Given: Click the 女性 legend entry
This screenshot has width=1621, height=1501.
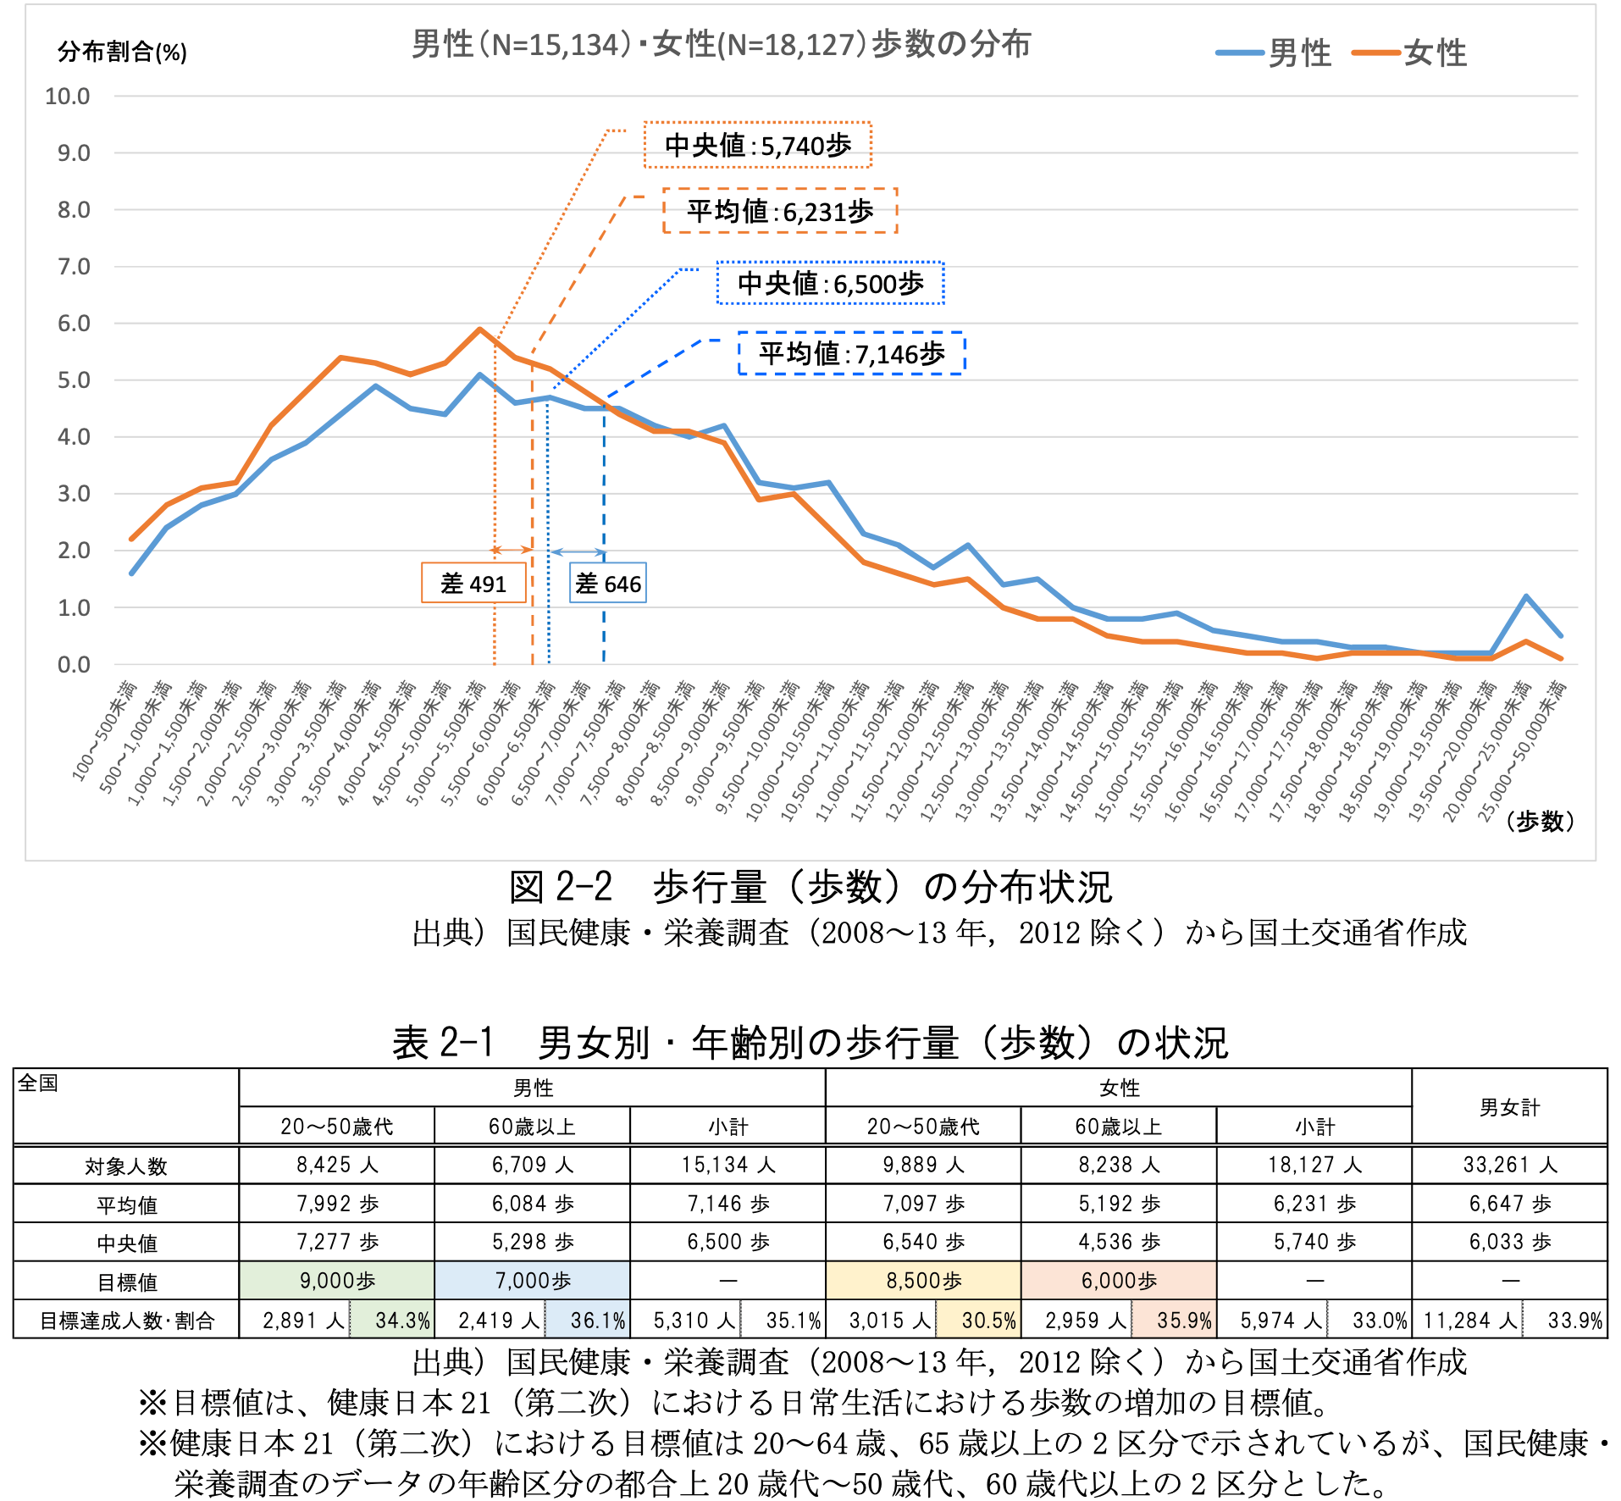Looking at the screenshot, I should pyautogui.click(x=1409, y=53).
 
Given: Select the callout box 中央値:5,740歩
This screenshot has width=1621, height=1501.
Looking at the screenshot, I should pyautogui.click(x=757, y=146).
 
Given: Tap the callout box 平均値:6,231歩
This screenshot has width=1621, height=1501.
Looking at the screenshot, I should pyautogui.click(x=779, y=211).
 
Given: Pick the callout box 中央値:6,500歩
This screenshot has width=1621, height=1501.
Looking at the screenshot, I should pyautogui.click(x=830, y=284).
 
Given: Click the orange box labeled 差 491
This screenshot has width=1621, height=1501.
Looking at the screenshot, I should pyautogui.click(x=473, y=584).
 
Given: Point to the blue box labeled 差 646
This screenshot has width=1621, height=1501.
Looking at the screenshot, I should pyautogui.click(x=608, y=584).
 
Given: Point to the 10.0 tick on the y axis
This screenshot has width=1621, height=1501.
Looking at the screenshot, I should pyautogui.click(x=67, y=97).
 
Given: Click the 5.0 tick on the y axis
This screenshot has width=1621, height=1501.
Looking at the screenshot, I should pyautogui.click(x=73, y=380).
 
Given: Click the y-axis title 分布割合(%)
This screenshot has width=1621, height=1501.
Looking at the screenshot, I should pyautogui.click(x=122, y=53).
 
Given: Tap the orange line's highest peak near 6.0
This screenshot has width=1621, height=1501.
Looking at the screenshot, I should pyautogui.click(x=480, y=329).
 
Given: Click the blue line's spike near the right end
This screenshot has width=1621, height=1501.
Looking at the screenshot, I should pyautogui.click(x=1526, y=596).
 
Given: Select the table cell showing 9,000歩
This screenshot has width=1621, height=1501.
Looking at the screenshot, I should pyautogui.click(x=337, y=1281).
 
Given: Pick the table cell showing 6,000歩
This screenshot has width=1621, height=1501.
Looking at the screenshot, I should pyautogui.click(x=1119, y=1281).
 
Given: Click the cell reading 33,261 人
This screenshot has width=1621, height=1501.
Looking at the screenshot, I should pyautogui.click(x=1510, y=1166).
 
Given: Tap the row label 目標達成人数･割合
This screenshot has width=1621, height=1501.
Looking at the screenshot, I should pyautogui.click(x=127, y=1321).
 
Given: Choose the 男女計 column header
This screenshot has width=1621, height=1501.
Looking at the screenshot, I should pyautogui.click(x=1510, y=1107).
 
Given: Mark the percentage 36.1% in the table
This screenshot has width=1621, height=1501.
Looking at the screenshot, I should pyautogui.click(x=597, y=1321).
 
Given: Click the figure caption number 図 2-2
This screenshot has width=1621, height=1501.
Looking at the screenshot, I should pyautogui.click(x=560, y=888).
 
